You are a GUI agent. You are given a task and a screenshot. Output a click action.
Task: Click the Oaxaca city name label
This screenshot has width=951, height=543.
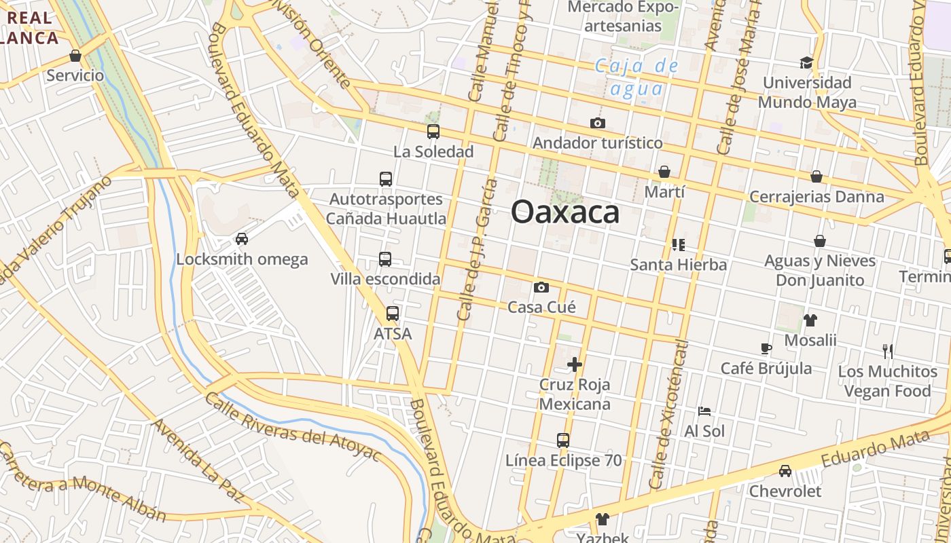pos(565,212)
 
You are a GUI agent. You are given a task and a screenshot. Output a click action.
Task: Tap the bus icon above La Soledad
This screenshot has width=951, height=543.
pos(433,132)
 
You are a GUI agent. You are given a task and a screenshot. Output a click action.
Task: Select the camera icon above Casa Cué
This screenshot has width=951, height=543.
pos(541,288)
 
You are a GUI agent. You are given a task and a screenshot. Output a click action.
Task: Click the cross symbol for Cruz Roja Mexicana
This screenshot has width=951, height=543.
pos(575,365)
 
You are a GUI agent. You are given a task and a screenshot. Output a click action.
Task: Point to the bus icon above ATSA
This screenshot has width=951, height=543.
pos(393,314)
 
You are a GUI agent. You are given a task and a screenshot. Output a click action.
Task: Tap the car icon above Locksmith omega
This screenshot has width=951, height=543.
pos(241,239)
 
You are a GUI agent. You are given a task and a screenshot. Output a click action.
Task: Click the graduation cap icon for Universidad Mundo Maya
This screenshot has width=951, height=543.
pos(806,63)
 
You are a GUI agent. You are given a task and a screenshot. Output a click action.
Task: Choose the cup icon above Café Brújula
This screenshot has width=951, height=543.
pos(766,349)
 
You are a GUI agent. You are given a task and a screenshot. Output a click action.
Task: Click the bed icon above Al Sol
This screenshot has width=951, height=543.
pos(704,411)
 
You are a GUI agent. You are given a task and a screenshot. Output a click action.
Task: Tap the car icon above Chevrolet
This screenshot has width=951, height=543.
pos(785,471)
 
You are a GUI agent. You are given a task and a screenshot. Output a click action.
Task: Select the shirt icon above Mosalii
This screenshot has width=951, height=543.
pos(810,320)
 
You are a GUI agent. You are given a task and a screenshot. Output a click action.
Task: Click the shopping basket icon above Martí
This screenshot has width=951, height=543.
pos(664,172)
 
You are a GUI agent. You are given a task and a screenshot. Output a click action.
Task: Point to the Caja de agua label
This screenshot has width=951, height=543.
pos(636,77)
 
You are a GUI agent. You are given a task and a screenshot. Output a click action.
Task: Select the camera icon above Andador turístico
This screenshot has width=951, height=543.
pos(598,124)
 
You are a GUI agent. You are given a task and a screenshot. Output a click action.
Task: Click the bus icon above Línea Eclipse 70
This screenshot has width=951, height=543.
pos(563,441)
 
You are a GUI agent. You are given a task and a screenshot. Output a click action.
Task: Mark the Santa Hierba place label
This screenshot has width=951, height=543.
pos(679,265)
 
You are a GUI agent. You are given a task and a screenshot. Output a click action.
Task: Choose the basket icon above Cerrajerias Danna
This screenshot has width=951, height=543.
pos(817,177)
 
